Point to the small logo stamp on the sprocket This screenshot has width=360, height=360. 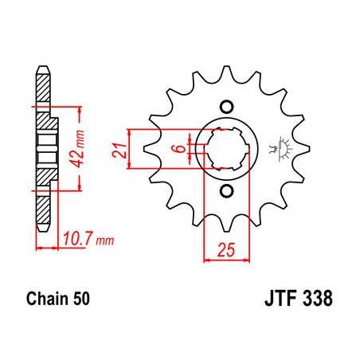(279, 148)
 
